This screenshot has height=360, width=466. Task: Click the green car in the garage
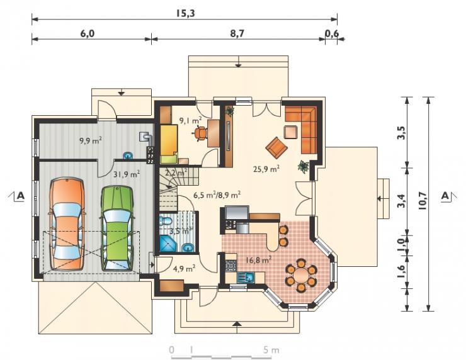click(117, 228)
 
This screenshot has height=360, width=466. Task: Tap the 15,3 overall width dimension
click(185, 13)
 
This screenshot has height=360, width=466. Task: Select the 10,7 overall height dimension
click(423, 200)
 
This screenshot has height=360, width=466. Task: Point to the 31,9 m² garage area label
click(127, 174)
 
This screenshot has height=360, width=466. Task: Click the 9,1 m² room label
click(191, 120)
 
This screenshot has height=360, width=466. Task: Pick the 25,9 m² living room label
click(266, 169)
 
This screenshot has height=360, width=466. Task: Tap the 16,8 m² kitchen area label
click(258, 260)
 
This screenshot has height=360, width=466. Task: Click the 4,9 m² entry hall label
click(184, 269)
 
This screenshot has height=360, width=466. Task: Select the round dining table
click(302, 275)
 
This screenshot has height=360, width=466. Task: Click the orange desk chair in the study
click(202, 132)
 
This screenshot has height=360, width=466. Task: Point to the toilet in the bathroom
click(166, 221)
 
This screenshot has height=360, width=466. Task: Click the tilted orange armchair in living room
click(277, 148)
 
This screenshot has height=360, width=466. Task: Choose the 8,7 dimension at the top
click(237, 34)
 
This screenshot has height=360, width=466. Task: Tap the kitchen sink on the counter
click(246, 278)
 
